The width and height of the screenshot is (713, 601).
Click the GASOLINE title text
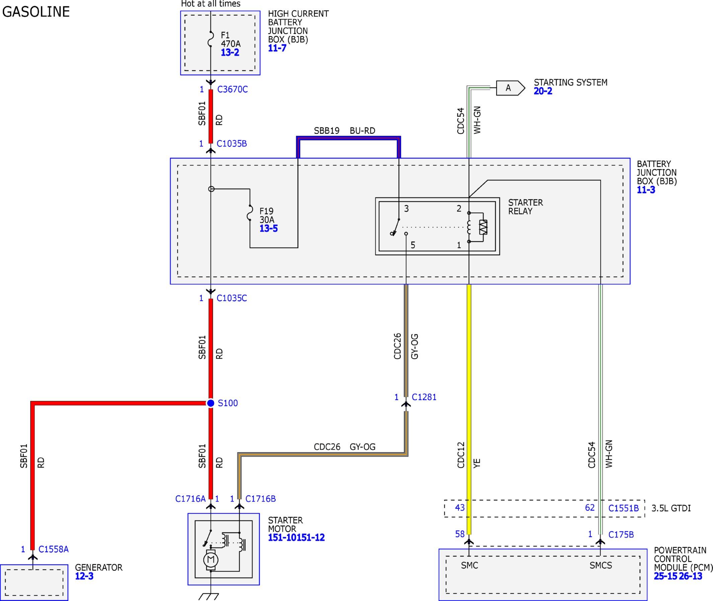point(36,12)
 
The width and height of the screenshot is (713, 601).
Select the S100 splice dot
point(211,403)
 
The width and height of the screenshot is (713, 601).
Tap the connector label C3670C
point(233,89)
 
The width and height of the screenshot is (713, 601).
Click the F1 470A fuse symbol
point(211,39)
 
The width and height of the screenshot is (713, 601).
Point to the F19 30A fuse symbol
point(250,213)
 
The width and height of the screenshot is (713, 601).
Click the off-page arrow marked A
point(510,88)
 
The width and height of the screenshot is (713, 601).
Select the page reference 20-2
point(543,91)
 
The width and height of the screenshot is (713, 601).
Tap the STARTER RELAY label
point(526,207)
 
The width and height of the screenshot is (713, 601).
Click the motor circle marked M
point(211,559)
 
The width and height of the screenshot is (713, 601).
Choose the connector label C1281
point(424,397)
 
